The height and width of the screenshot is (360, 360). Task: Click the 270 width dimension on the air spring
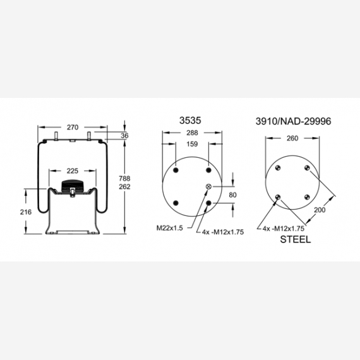point(73,128)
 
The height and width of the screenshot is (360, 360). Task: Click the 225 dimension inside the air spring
point(73,170)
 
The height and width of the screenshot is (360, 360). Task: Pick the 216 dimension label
point(25,212)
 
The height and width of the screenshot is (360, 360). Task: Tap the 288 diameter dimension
point(192,133)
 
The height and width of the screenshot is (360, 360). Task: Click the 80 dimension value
point(232,195)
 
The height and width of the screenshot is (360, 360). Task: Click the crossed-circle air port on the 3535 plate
point(209,186)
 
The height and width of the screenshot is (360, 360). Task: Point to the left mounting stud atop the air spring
point(57,137)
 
